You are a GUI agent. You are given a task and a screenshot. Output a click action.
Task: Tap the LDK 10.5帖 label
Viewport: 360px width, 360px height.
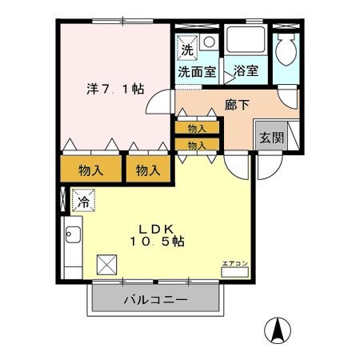tap(157, 233)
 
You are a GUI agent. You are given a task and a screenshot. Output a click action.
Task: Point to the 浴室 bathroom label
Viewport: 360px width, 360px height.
tap(246, 71)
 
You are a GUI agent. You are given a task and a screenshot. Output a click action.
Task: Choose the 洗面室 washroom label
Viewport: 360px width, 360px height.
tap(196, 71)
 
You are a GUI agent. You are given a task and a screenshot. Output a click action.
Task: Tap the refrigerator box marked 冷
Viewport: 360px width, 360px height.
tap(81, 201)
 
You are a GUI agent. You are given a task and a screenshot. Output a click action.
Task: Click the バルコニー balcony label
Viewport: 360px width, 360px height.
tap(155, 301)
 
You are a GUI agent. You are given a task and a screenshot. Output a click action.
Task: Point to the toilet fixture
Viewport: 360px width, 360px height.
tap(286, 51)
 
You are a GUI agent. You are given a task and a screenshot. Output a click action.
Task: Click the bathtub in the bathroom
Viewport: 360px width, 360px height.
tap(246, 42)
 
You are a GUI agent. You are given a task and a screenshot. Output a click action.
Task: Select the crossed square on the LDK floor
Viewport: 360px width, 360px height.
tap(106, 263)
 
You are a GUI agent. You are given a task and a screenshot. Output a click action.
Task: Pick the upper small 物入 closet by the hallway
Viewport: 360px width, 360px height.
tap(196, 127)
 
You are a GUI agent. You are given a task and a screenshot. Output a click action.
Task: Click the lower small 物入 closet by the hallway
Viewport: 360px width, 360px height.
tap(196, 145)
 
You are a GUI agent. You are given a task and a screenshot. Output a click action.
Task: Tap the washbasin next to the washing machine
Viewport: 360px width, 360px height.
tap(208, 42)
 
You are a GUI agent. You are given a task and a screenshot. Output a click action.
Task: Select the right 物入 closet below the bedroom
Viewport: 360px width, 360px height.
tap(146, 170)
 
